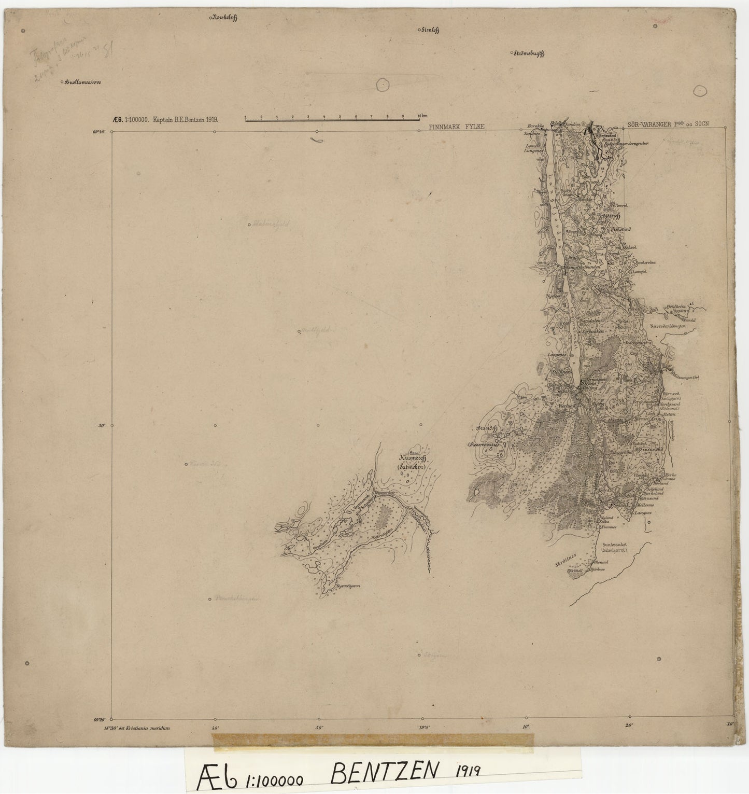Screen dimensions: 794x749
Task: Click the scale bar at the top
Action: pos(332,119)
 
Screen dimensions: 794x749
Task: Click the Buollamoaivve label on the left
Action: pos(83,81)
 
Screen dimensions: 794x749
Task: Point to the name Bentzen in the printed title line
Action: pos(191,119)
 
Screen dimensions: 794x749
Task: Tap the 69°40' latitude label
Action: pos(100,132)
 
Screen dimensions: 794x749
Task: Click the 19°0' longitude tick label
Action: pos(422,727)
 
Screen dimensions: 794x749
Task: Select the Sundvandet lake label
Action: pos(612,545)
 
